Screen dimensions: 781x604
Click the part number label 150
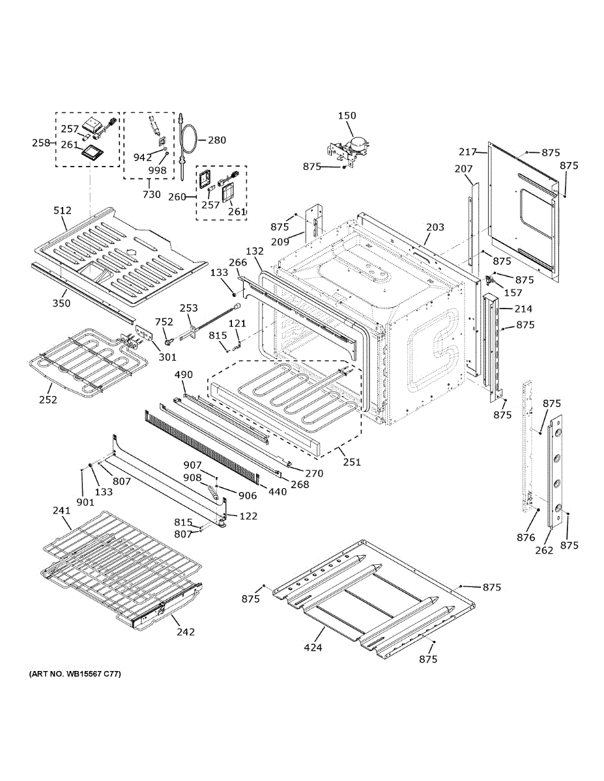coord(347,116)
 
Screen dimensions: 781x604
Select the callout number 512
coord(62,210)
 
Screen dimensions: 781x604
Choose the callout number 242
coord(185,631)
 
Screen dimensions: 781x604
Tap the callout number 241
coord(61,511)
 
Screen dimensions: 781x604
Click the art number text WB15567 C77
coord(74,674)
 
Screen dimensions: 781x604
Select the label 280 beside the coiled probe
coord(217,140)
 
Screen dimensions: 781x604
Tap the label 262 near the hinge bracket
coord(544,550)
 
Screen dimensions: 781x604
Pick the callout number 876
coord(525,538)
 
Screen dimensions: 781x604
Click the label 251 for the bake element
coord(352,462)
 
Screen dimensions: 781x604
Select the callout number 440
coord(277,491)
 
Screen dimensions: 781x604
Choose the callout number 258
coord(41,143)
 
